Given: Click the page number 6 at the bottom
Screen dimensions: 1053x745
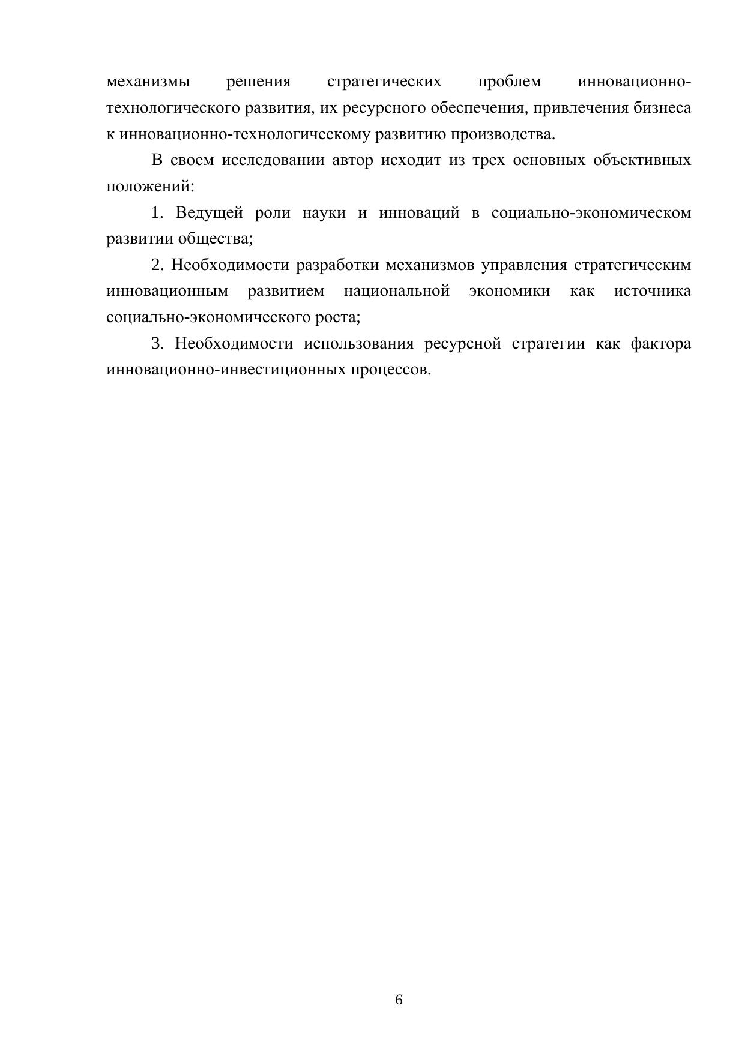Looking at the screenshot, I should (x=399, y=1000).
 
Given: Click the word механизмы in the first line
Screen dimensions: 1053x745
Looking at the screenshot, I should (x=148, y=82).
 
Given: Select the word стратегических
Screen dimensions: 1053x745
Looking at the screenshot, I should (x=384, y=82).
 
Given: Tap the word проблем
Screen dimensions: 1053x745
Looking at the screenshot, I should (x=510, y=82).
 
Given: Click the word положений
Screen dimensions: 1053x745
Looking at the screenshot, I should (x=149, y=187).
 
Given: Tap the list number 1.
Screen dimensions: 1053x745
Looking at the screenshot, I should (x=157, y=213).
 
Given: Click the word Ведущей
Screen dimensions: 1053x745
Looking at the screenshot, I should (x=209, y=213).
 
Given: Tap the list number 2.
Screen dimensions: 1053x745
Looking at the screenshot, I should (x=157, y=265).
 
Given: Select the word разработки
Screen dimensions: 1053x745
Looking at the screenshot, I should (x=337, y=265).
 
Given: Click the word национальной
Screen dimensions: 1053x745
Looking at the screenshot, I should (x=397, y=292).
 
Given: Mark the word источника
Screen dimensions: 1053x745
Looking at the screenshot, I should (x=653, y=292).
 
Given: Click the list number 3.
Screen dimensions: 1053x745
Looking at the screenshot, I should (x=157, y=344).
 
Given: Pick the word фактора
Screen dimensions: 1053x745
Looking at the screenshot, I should (x=661, y=344).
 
